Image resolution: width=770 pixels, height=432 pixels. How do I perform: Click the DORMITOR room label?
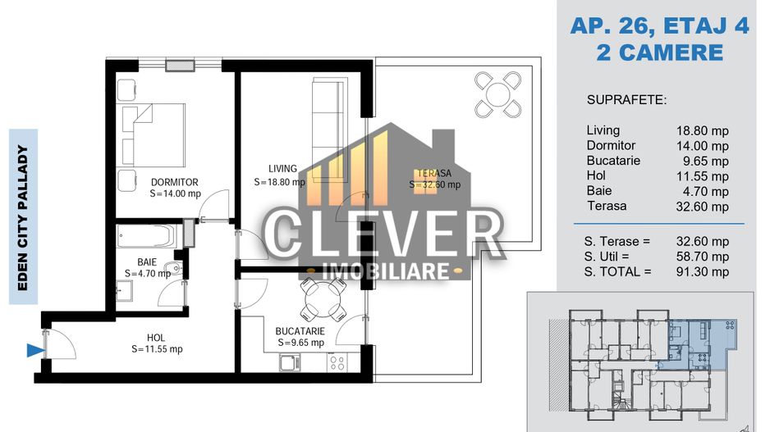point(174,182)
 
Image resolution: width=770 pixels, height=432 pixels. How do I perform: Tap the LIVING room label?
point(282,169)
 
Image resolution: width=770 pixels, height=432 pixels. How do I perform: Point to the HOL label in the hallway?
point(156,336)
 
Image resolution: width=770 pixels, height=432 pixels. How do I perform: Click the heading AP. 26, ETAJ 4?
point(659,26)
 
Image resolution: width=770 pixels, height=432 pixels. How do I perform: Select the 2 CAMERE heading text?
point(659,53)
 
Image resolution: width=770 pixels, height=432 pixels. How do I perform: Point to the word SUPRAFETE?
point(626,100)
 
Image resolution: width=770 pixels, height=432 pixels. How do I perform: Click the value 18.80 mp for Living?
point(703,131)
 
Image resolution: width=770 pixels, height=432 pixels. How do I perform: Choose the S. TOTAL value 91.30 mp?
point(703,271)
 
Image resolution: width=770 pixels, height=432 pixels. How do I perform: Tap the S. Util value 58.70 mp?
point(703,257)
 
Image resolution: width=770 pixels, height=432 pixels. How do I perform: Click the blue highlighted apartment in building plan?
point(696,343)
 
